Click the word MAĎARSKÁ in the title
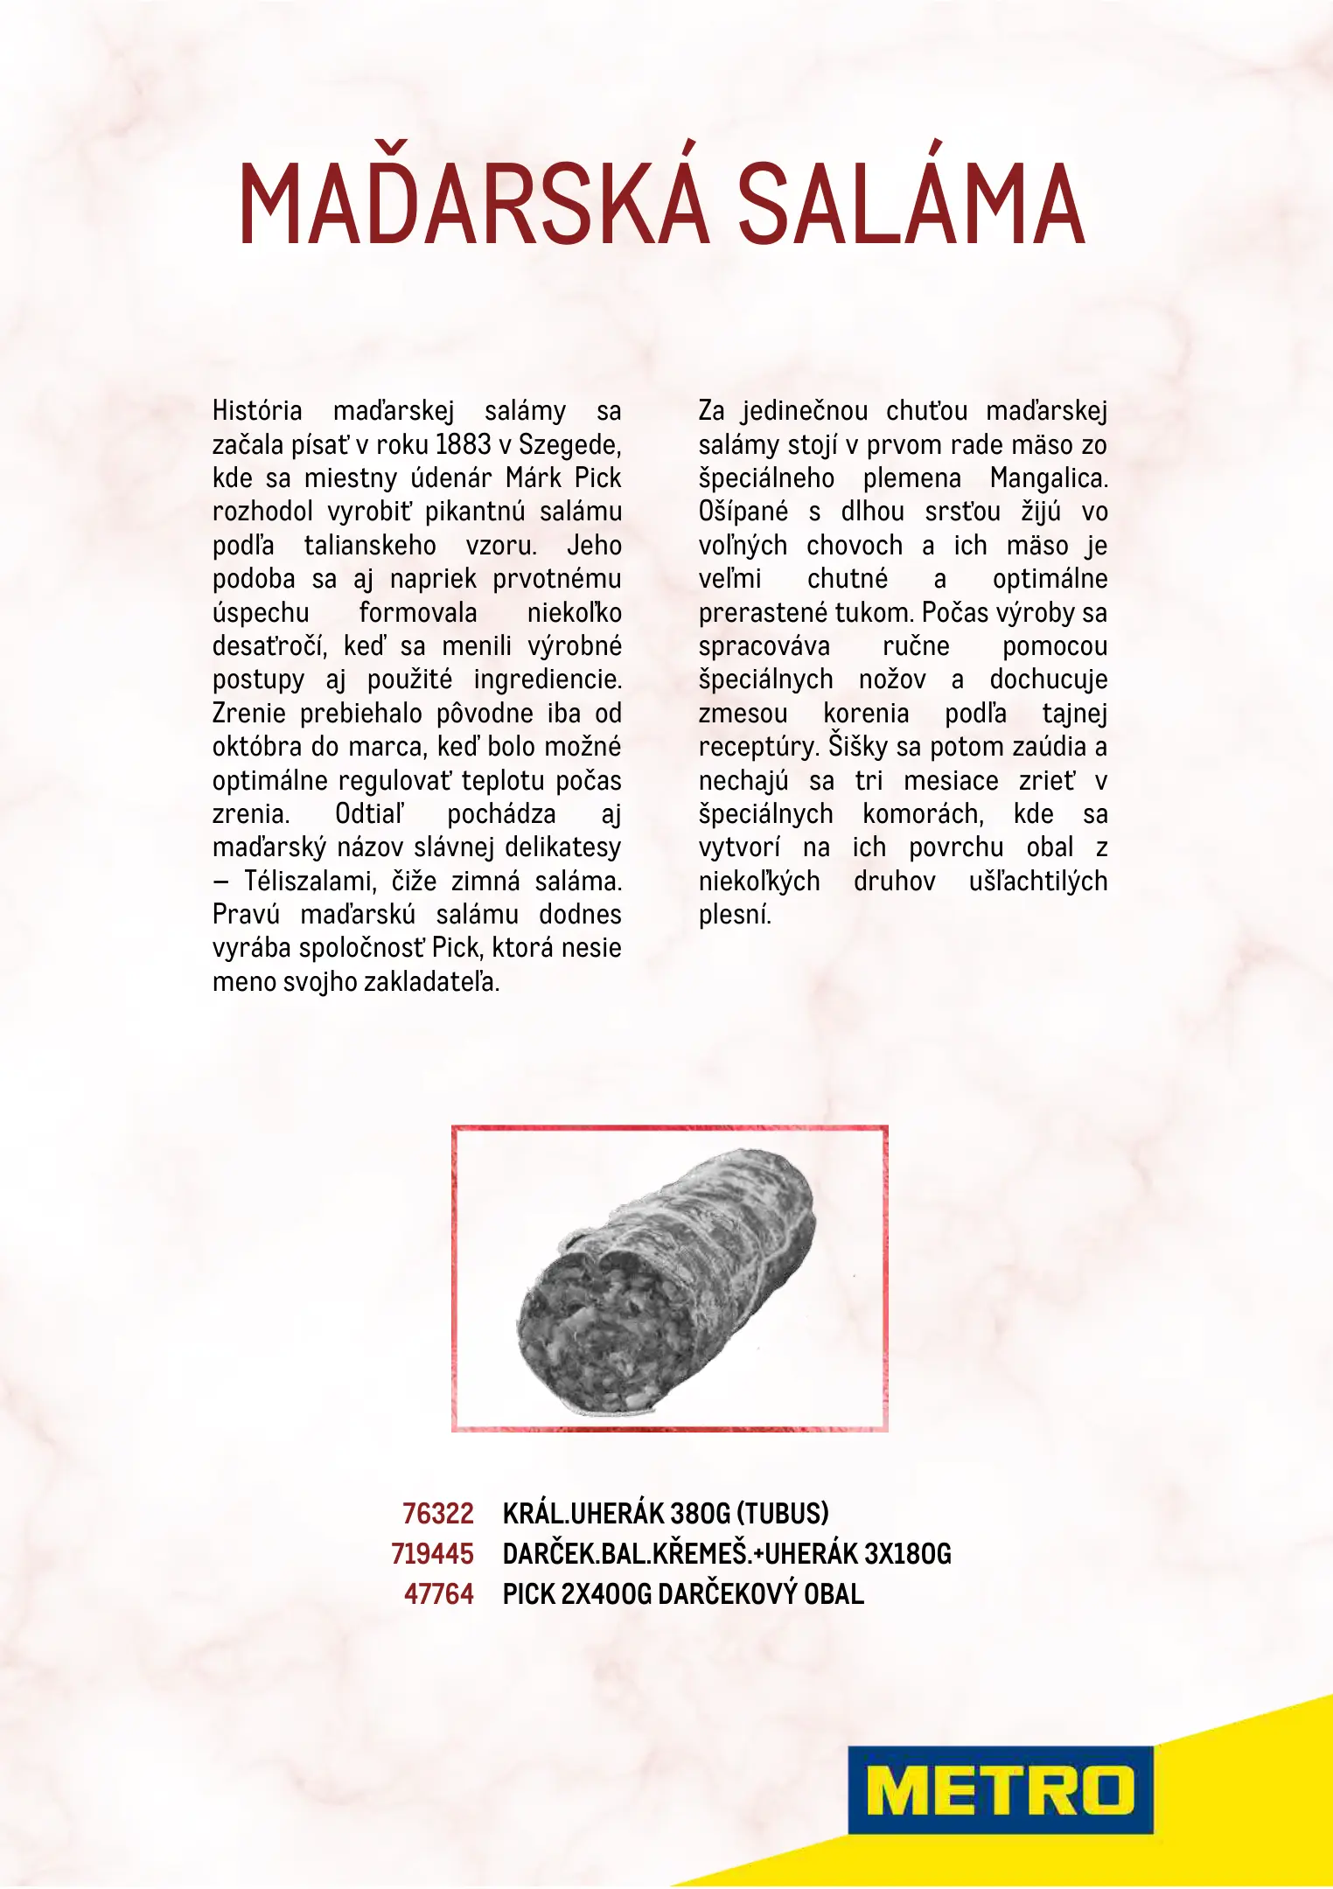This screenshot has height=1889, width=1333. (472, 203)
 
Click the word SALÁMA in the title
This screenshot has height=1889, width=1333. (911, 203)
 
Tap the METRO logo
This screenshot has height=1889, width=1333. (1000, 1790)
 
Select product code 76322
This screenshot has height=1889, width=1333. (437, 1513)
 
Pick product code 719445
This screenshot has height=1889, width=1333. (432, 1553)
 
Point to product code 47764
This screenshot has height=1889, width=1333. (438, 1593)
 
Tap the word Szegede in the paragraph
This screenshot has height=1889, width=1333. (569, 445)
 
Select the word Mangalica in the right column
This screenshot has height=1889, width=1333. (1048, 478)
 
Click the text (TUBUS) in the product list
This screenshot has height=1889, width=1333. (782, 1513)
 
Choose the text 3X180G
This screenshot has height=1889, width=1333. (907, 1553)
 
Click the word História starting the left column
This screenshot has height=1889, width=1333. (257, 411)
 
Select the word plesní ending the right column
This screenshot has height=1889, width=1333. (735, 915)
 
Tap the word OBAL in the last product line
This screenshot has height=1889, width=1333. (834, 1593)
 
